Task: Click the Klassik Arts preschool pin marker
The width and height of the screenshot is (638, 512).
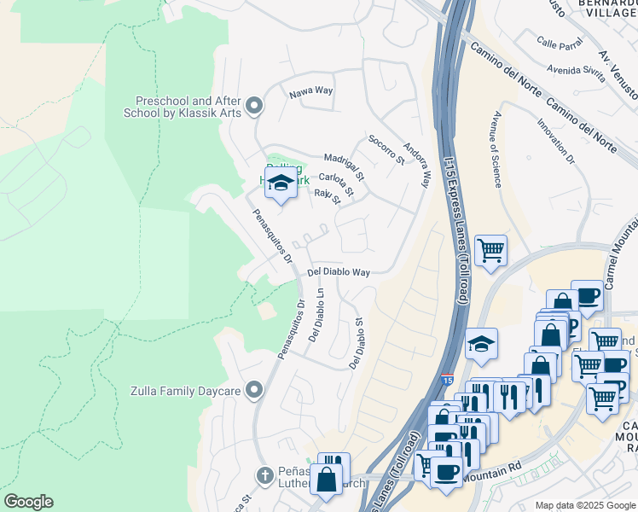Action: pyautogui.click(x=253, y=107)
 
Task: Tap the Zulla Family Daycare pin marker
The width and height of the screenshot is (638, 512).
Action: pyautogui.click(x=253, y=391)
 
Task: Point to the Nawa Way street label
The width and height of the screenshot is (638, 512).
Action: pyautogui.click(x=310, y=91)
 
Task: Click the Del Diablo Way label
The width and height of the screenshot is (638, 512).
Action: pyautogui.click(x=339, y=272)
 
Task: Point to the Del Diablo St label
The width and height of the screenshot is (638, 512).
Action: pyautogui.click(x=357, y=344)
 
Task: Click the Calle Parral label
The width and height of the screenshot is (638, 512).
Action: pyautogui.click(x=559, y=41)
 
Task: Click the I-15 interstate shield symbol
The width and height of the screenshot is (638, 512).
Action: pyautogui.click(x=447, y=377)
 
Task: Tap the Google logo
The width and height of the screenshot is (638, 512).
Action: pyautogui.click(x=27, y=502)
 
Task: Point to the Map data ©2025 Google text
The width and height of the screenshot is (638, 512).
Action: pyautogui.click(x=584, y=505)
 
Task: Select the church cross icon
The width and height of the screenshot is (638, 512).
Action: pyautogui.click(x=265, y=474)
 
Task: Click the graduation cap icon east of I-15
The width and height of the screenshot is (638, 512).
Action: pyautogui.click(x=482, y=344)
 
